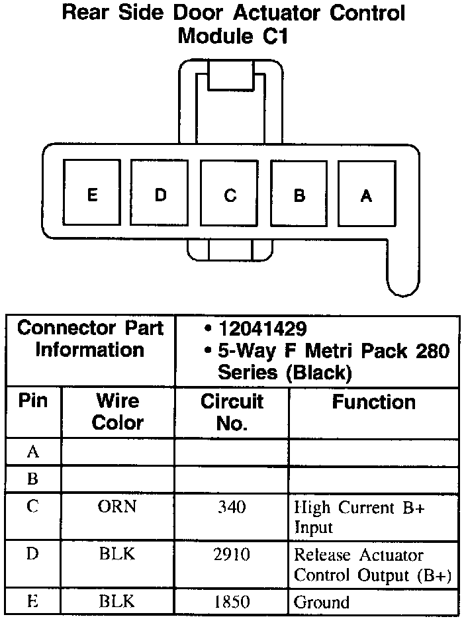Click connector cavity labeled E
(x=92, y=195)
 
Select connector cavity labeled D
(x=161, y=195)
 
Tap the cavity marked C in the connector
(x=230, y=195)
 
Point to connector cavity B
(x=299, y=195)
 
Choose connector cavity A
(x=366, y=195)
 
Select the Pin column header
(x=33, y=401)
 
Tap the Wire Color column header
(x=117, y=411)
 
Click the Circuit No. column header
(x=232, y=412)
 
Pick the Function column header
(x=374, y=402)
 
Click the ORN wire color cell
(x=117, y=508)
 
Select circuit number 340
(x=232, y=508)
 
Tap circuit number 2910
(x=232, y=555)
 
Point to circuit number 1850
(x=232, y=602)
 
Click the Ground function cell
(x=321, y=602)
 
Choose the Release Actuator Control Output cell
(x=372, y=565)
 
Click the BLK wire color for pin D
(x=117, y=555)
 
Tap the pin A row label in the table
(x=32, y=452)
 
